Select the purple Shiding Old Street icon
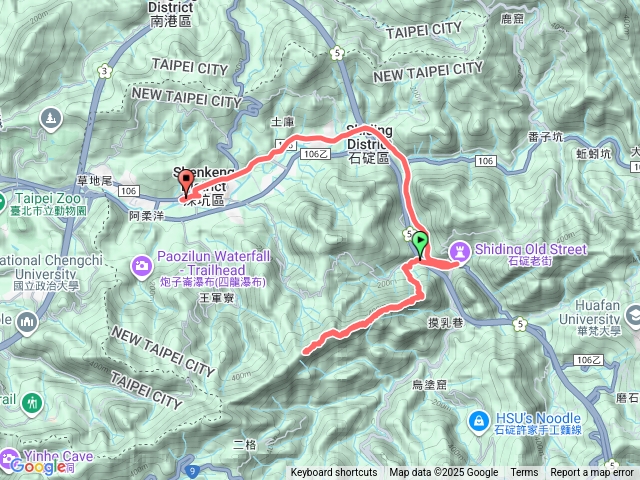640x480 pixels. pos(459,247)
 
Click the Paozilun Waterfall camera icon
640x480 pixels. pos(142,264)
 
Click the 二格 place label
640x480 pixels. pos(245,443)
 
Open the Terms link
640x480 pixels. pos(524,473)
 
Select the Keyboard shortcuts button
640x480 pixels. pos(334,473)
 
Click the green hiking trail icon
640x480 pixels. pos(34,403)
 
